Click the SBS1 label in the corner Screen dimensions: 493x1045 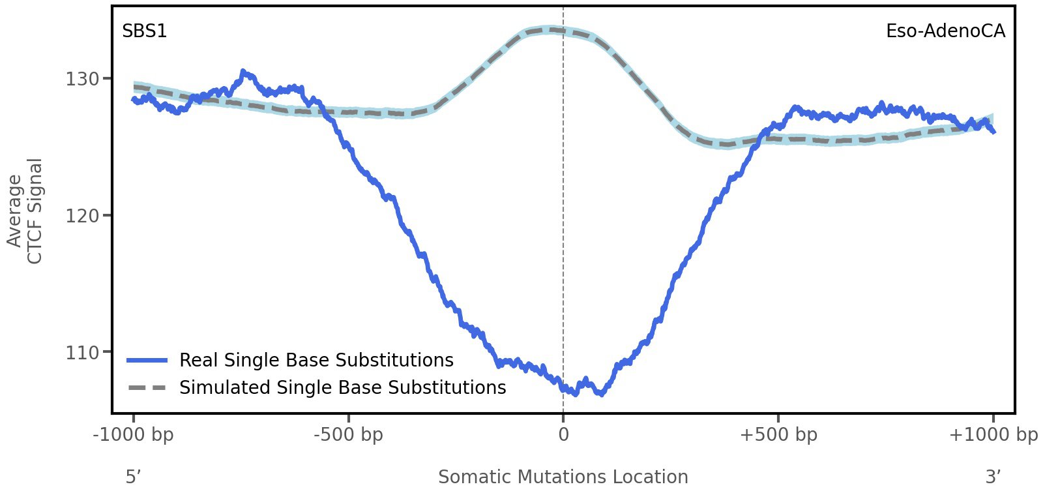point(144,31)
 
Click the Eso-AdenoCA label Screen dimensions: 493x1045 point(945,31)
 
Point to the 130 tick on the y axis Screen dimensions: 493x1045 point(82,79)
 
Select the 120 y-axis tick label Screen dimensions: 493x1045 point(82,216)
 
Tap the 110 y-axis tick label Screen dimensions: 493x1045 point(82,353)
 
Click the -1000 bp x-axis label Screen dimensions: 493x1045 point(134,435)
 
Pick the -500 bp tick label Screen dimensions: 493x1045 point(348,435)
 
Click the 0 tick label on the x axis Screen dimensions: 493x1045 point(563,435)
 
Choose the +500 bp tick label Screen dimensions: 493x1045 point(778,435)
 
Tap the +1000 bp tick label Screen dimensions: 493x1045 point(992,435)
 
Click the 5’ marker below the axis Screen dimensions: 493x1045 point(134,477)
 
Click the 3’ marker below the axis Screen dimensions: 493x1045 point(993,477)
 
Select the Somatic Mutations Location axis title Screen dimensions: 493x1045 point(563,477)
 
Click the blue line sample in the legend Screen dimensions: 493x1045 point(147,361)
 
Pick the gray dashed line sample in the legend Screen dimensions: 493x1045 point(147,388)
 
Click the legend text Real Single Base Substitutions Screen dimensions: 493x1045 point(316,361)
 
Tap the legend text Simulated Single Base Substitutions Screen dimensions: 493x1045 point(342,388)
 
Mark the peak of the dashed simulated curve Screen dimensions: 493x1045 point(552,29)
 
